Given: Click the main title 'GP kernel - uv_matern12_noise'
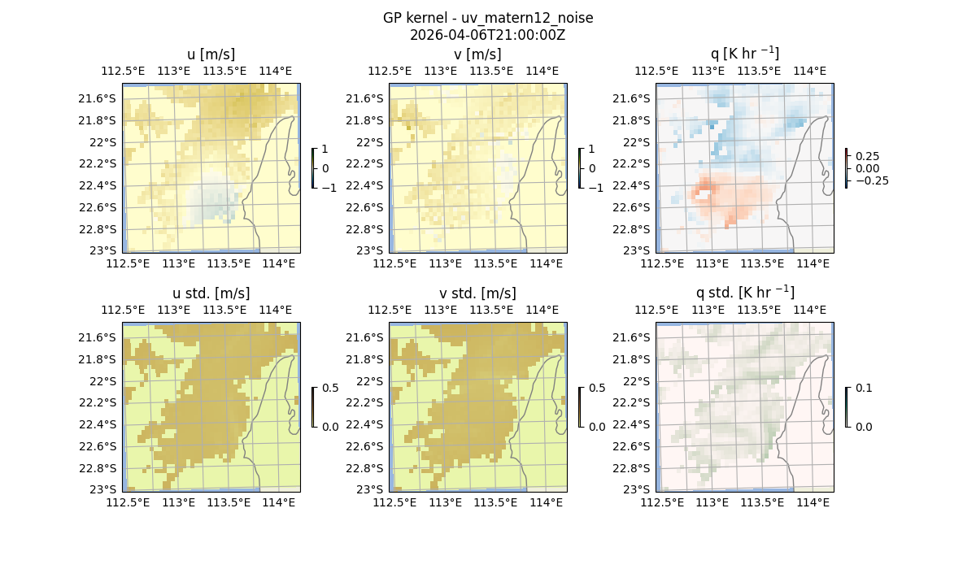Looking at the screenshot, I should point(487,18).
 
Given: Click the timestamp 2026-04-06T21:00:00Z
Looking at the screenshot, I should point(487,35).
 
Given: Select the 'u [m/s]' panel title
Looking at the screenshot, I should point(211,54).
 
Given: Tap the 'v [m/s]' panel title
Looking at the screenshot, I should point(477,54).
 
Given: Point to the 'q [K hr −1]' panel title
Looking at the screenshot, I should point(744,54).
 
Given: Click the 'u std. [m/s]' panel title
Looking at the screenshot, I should point(211,293).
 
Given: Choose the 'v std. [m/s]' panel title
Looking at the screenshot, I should point(477,293).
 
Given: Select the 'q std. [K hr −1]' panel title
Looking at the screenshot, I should point(744,293).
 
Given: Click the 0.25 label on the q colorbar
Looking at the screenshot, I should point(867,156).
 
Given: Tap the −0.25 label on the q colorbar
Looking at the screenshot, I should point(871,180).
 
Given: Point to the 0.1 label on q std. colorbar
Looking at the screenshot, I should point(863,389).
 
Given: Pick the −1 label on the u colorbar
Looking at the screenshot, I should point(329,188).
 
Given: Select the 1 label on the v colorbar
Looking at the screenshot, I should point(591,150).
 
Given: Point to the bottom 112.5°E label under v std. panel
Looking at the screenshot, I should point(394,502).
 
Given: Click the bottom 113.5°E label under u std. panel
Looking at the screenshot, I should point(229,502).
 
